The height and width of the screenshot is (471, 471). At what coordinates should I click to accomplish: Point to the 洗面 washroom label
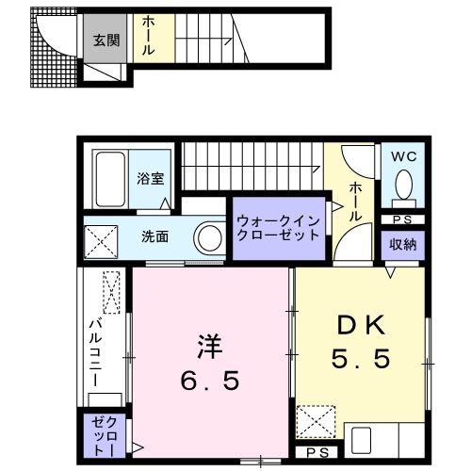click(x=155, y=236)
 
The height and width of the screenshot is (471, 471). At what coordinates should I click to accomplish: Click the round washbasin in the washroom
click(x=208, y=238)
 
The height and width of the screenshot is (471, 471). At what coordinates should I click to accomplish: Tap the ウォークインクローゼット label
click(x=278, y=229)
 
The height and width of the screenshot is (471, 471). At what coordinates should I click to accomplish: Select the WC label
click(x=403, y=154)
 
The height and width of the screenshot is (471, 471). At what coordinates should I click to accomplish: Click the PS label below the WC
click(x=403, y=220)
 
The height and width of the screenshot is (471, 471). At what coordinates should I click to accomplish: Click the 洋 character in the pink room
click(x=209, y=347)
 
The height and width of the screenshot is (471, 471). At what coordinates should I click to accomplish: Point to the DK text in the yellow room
click(x=361, y=327)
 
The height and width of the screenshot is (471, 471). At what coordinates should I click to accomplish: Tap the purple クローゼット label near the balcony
click(x=100, y=435)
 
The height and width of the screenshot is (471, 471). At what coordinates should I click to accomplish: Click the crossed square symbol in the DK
click(x=317, y=418)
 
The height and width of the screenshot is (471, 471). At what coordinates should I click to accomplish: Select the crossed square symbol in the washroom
click(x=103, y=238)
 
